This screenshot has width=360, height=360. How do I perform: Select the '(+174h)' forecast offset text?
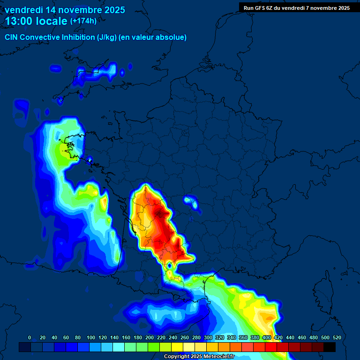coord(83,21)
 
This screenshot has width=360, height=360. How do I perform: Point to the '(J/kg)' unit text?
coord(107,37)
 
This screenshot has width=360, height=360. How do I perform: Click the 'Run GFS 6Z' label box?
coord(296,7)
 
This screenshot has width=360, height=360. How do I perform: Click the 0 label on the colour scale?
coord(30,337)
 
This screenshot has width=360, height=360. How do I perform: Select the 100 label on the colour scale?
coord(91,337)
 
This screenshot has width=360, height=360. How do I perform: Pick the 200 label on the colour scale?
coord(150,337)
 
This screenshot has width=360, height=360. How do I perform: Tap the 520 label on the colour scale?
coord(337,337)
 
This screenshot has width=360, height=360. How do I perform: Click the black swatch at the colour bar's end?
coord(330,347)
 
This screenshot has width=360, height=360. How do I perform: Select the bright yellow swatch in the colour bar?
coord(177,347)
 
